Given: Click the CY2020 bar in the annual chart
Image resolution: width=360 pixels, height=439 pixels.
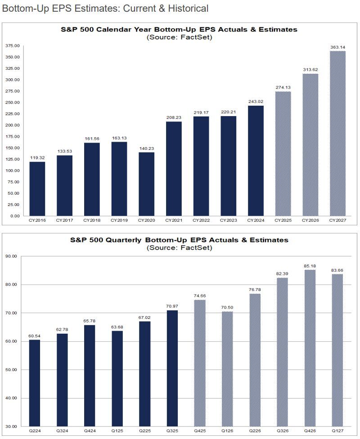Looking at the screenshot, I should pos(146,184).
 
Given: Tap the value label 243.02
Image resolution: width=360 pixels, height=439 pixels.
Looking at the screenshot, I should pos(256,101).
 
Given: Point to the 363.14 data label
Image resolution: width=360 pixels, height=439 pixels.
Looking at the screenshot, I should pos(337,47).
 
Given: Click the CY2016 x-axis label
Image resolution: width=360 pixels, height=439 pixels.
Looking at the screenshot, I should pos(37,220).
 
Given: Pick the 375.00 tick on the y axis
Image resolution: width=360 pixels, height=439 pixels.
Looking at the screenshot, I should pos(13,46).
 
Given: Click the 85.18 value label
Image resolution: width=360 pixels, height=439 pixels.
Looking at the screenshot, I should pos(310,265).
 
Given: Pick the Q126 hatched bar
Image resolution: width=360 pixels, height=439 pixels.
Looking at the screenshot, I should pos(227,369).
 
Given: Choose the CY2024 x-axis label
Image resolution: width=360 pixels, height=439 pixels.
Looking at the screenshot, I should pos(256,220).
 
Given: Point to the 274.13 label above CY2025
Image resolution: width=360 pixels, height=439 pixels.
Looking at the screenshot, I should pos(283,87).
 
